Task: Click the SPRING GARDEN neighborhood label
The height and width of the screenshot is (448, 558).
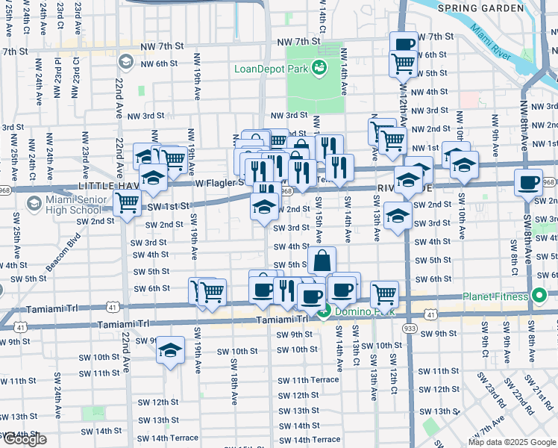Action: (x=481, y=8)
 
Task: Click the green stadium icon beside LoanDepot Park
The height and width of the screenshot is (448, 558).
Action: (x=319, y=68)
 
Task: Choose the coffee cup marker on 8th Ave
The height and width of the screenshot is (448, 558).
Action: (x=528, y=181)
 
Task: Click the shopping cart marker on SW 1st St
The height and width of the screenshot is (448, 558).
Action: (x=127, y=202)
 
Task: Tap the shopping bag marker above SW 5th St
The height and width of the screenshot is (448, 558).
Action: (x=322, y=261)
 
